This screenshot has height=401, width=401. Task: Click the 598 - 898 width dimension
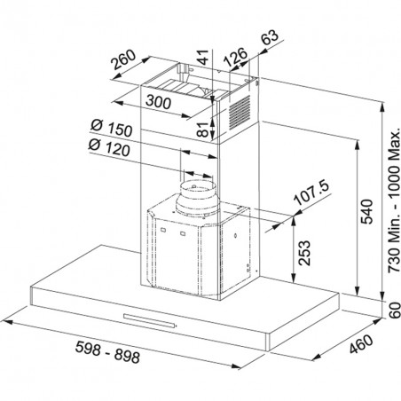(107, 352)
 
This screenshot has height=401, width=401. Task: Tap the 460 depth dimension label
(361, 343)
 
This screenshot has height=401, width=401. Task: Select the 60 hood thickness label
(395, 311)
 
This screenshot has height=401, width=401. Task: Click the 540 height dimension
(367, 211)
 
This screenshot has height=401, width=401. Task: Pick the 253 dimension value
(304, 253)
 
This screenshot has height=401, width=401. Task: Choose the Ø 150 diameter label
(111, 128)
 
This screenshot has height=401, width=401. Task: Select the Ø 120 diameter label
(109, 147)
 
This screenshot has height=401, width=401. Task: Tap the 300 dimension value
(158, 101)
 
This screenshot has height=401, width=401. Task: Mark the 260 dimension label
(123, 60)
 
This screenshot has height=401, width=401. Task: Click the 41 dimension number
(203, 57)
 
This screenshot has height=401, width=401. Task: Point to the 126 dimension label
(235, 57)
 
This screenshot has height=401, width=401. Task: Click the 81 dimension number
(203, 129)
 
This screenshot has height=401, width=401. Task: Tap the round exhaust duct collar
(196, 198)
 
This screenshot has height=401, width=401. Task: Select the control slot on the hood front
(149, 320)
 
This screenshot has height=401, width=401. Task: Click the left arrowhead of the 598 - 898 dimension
(6, 321)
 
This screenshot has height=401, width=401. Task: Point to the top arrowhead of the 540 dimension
(358, 145)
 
